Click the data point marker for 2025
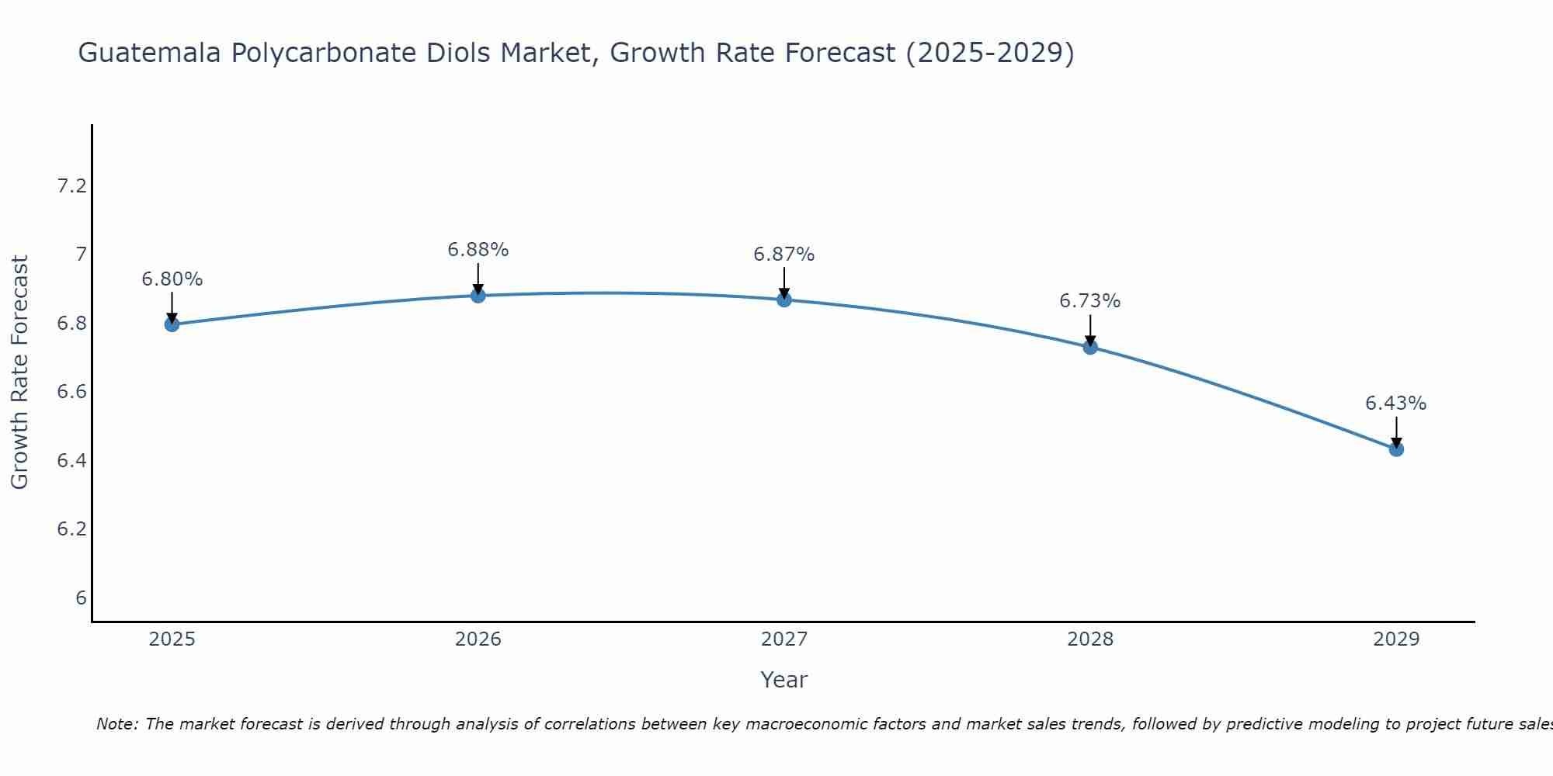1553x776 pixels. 172,324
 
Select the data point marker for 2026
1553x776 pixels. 478,296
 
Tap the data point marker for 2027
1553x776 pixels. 784,300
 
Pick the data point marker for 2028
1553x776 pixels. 1090,347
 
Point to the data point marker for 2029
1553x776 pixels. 1396,449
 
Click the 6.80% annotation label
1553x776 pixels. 172,279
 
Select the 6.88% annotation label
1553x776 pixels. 478,250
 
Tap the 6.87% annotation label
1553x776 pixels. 784,255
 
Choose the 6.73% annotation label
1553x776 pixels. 1090,301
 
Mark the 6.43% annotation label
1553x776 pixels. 1396,404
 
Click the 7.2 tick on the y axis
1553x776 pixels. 71,186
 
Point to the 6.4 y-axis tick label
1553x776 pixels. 71,461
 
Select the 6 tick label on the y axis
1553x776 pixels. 81,598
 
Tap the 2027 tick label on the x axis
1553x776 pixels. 784,639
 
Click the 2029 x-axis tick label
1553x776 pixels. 1396,639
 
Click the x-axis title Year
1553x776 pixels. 784,680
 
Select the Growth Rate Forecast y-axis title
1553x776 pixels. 19,372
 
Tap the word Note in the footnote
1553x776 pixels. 116,724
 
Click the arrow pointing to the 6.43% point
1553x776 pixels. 1396,431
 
